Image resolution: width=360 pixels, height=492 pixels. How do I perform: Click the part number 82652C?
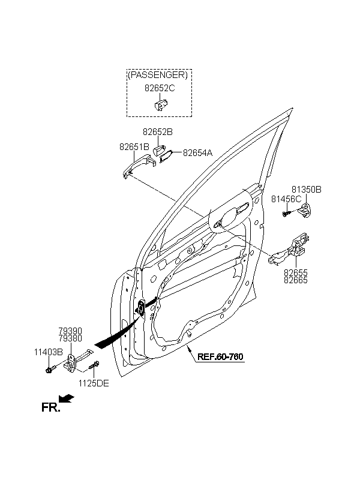coord(160,88)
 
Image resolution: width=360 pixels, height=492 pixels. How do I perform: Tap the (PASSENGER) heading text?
coord(158,75)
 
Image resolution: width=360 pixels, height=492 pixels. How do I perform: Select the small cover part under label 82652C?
coord(161,104)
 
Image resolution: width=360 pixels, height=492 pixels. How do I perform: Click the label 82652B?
coord(158,132)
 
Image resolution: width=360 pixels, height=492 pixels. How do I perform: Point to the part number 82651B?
coord(134,146)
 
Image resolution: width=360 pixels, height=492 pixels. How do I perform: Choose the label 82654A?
coord(197,153)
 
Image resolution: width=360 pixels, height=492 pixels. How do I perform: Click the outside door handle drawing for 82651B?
coord(139,166)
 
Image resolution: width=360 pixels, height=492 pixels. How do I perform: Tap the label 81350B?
coord(307,190)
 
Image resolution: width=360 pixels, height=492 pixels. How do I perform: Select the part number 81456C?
coord(286,199)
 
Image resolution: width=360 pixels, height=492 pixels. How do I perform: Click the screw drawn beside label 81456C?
coord(286,214)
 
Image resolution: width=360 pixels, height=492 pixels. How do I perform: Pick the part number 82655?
coord(296,272)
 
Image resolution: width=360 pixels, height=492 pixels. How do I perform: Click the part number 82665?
coord(296,280)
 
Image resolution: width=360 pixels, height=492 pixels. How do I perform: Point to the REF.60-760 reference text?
coord(220,357)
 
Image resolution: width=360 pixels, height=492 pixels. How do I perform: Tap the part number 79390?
coord(70,331)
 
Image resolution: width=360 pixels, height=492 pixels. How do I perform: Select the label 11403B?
coord(49,352)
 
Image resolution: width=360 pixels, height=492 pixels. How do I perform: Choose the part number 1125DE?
coord(94,383)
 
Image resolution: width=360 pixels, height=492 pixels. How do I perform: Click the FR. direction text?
coord(50,407)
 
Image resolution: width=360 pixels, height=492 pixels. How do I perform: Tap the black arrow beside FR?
coord(67,398)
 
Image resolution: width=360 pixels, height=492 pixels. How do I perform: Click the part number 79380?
coord(70,338)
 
